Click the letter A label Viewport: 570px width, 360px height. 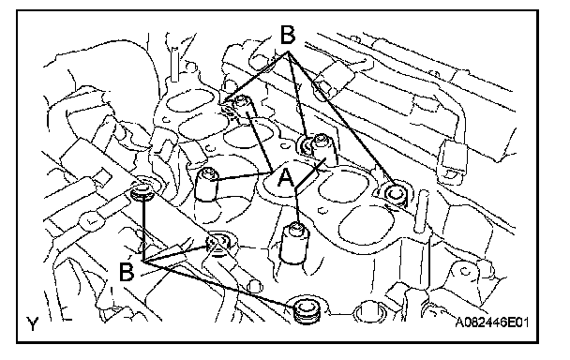pyautogui.click(x=286, y=178)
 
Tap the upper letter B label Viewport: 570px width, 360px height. pyautogui.click(x=288, y=35)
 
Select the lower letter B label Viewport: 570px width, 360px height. pyautogui.click(x=127, y=272)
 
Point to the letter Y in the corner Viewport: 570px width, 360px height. pyautogui.click(x=32, y=323)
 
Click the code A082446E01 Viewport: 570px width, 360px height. pyautogui.click(x=492, y=322)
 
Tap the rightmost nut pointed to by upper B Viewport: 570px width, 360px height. pyautogui.click(x=396, y=194)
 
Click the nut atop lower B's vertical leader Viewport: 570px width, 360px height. pyautogui.click(x=142, y=192)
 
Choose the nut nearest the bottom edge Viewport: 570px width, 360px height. pyautogui.click(x=307, y=310)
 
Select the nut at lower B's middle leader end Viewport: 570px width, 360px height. pyautogui.click(x=217, y=242)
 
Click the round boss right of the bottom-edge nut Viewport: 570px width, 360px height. pyautogui.click(x=367, y=311)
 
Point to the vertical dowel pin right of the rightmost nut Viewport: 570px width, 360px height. pyautogui.click(x=422, y=212)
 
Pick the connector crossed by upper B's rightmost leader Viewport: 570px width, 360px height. pyautogui.click(x=334, y=81)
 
